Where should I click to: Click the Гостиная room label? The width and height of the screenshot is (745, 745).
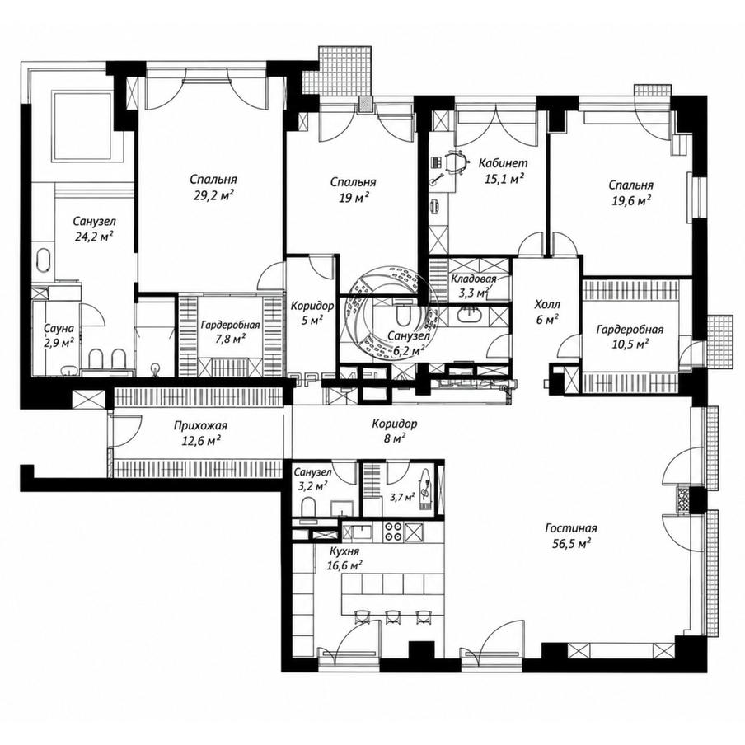[x=571, y=528]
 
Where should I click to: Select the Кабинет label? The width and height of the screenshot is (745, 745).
[x=504, y=163]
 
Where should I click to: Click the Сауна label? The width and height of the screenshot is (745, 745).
[x=59, y=328]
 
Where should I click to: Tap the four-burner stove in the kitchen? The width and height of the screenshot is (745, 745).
[x=393, y=532]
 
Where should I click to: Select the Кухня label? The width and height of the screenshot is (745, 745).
[x=344, y=551]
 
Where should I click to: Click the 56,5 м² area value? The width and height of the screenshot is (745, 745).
[x=571, y=544]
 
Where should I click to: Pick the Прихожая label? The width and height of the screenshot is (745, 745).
[x=200, y=426]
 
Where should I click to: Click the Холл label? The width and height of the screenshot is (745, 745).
[x=547, y=304]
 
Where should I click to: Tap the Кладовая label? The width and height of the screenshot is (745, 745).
[x=474, y=279]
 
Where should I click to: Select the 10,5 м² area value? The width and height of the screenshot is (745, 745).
[x=630, y=344]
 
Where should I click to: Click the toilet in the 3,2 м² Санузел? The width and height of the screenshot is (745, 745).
[x=309, y=506]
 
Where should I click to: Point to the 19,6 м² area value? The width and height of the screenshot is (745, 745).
[x=631, y=200]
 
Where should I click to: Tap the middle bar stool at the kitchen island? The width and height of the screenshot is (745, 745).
[x=392, y=616]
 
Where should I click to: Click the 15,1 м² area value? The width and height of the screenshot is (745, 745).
[x=504, y=179]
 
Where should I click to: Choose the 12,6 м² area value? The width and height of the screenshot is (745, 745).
[x=200, y=442]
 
